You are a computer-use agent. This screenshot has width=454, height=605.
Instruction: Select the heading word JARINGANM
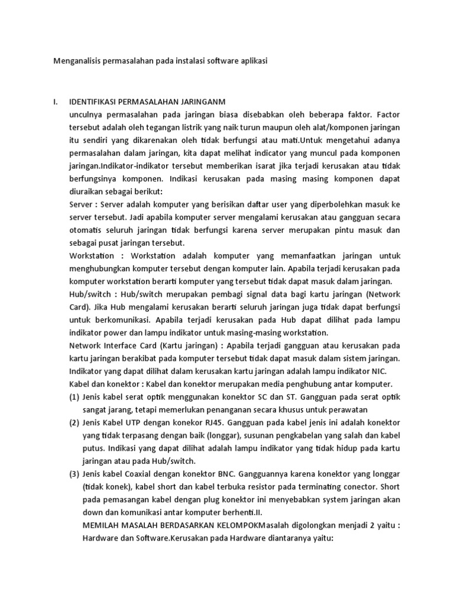coord(205,102)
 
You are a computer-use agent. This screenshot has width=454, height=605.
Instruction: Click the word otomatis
coord(86,230)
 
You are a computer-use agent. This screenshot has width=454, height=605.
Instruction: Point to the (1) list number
coord(75,396)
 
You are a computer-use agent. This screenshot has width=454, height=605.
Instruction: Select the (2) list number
coord(75,422)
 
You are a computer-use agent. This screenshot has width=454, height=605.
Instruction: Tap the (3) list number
coord(75,474)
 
